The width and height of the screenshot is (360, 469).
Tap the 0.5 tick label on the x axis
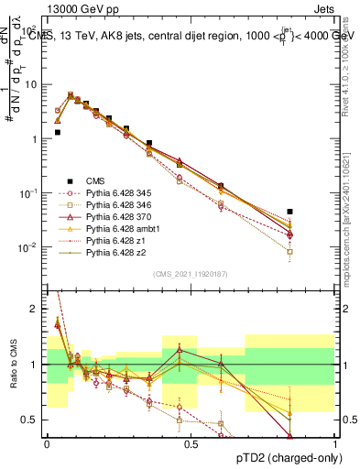[x=191, y=443]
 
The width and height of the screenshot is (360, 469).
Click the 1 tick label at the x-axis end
[x=334, y=443]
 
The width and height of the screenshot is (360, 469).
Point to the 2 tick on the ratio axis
[x=34, y=309]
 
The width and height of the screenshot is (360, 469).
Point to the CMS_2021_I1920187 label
[x=191, y=274]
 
